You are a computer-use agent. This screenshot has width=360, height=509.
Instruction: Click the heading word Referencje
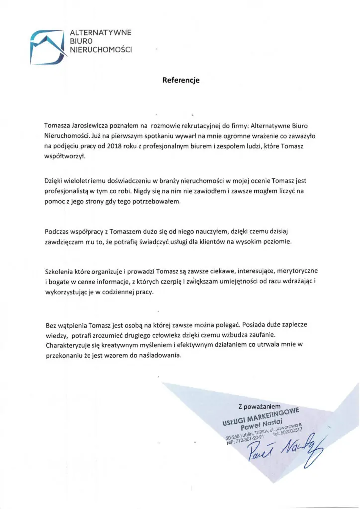coord(180,79)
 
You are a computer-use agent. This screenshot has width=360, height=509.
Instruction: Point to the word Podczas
coord(58,232)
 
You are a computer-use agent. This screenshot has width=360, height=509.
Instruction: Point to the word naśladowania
coord(161,356)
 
